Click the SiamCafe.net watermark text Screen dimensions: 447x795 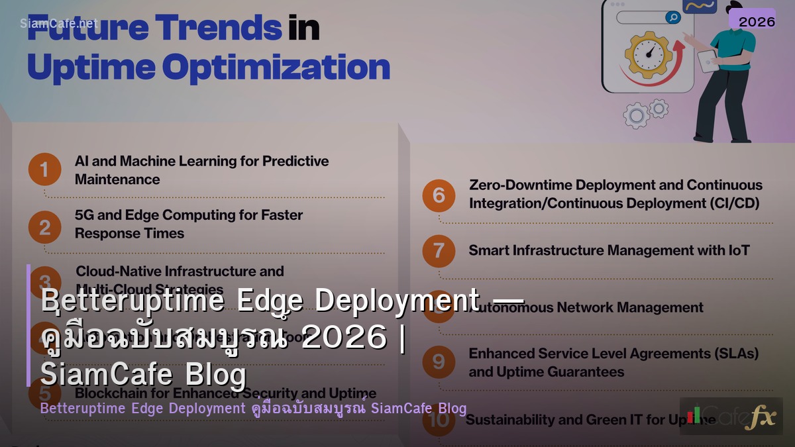coord(58,23)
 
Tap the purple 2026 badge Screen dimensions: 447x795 coord(756,21)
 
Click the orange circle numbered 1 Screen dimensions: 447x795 coord(44,170)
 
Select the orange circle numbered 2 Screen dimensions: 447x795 coord(44,227)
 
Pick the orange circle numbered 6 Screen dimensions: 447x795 coord(439,195)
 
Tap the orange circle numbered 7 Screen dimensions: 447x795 coord(439,251)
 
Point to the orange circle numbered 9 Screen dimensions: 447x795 coord(439,362)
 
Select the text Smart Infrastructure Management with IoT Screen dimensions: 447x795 coord(609,250)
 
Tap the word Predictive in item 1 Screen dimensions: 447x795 coord(295,161)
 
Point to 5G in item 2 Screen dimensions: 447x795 coord(85,215)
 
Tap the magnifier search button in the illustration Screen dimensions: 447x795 coord(672,17)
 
